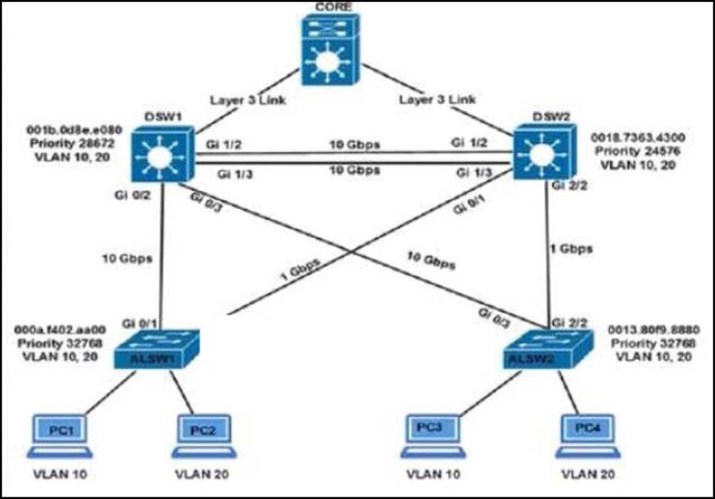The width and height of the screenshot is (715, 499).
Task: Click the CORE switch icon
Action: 332,55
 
